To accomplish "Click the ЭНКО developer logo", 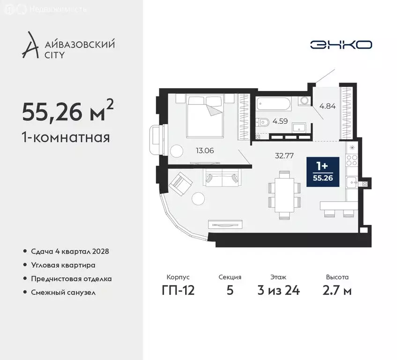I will [x=341, y=45].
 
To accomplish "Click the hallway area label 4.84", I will [x=327, y=105].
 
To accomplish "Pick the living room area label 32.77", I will [x=285, y=156].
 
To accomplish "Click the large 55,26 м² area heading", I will [x=67, y=112].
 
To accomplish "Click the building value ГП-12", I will [x=178, y=290].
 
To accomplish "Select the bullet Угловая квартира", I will [x=63, y=265].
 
